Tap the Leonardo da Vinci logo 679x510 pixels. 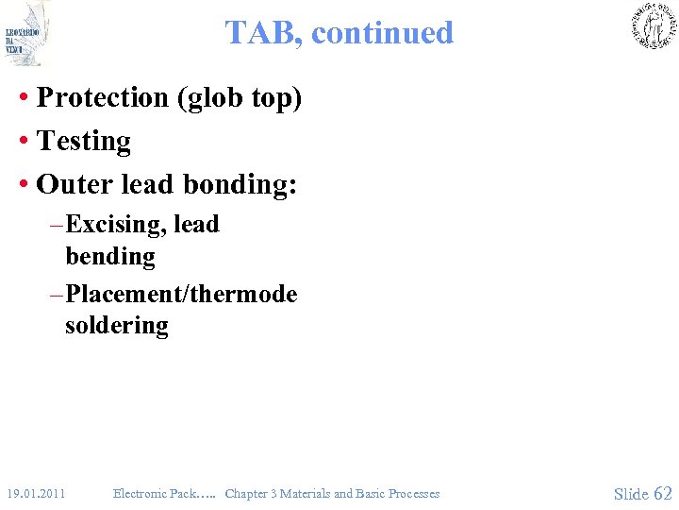tap(26, 33)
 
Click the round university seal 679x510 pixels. tap(653, 25)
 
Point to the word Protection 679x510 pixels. tap(102, 97)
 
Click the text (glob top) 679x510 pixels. tap(239, 98)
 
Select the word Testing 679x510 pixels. tap(84, 141)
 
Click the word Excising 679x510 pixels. tap(116, 225)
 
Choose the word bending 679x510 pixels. tap(110, 256)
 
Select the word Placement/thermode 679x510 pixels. tap(182, 294)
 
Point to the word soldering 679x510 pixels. tap(117, 326)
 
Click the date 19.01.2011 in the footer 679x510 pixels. tap(35, 493)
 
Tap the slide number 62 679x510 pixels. tap(663, 493)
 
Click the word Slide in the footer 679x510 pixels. tap(631, 493)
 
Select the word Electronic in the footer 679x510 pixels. tap(141, 493)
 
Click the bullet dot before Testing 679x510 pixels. tap(23, 142)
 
